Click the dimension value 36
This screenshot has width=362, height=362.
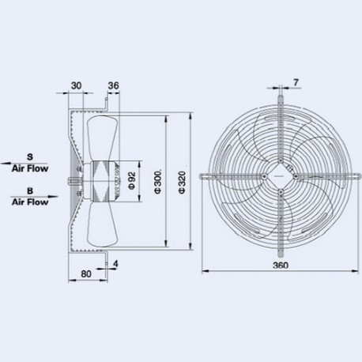coord(112,86)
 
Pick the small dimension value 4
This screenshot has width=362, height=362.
coord(117,263)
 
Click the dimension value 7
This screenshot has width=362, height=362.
coord(295,82)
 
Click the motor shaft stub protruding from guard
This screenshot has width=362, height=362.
coord(71,179)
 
